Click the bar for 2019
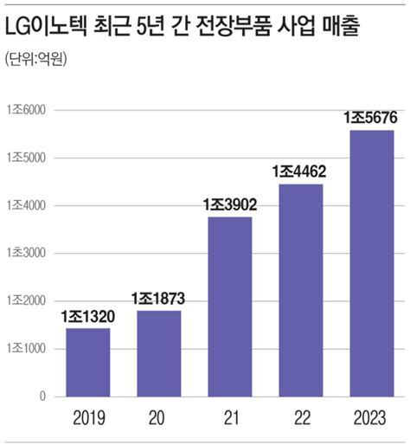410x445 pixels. tap(89, 362)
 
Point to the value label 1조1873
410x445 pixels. tap(158, 299)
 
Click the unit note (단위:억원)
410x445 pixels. tap(36, 60)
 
